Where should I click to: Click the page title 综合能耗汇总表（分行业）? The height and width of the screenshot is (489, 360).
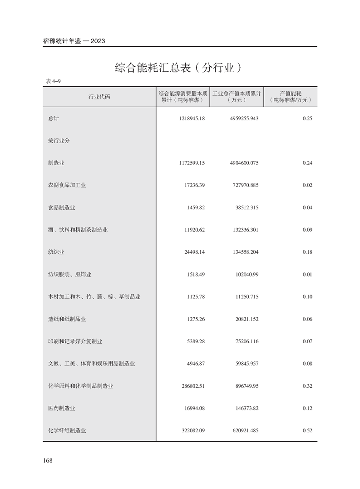(178, 69)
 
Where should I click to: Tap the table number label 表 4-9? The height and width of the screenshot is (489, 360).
(53, 81)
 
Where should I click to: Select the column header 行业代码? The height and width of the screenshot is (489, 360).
(99, 97)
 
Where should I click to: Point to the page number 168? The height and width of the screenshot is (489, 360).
(48, 460)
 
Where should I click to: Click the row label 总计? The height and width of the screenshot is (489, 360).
(54, 119)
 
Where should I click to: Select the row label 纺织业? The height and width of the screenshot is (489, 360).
(57, 252)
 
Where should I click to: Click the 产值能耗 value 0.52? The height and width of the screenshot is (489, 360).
(307, 430)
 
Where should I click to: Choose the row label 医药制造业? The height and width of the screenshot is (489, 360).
(62, 408)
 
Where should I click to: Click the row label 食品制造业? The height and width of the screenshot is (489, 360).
(62, 207)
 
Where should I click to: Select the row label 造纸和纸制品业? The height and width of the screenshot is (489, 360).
(67, 319)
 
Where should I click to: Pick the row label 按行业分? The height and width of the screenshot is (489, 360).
(59, 141)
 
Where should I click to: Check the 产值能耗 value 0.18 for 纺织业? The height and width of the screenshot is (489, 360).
(307, 252)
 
